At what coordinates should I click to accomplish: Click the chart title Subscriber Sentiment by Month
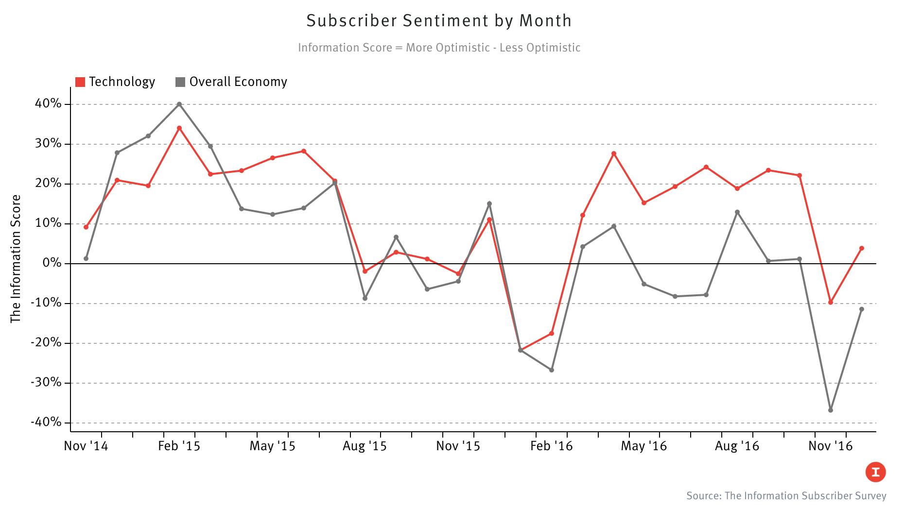point(439,20)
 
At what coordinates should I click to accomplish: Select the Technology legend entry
point(116,82)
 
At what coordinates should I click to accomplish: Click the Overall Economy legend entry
point(231,82)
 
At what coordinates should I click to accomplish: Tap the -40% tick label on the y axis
point(47,423)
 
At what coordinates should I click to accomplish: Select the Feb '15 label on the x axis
point(179,446)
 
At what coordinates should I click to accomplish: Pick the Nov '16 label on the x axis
point(830,446)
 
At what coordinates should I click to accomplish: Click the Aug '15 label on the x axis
point(365,446)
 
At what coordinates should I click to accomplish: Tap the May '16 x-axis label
point(643,446)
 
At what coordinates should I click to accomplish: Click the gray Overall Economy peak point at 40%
point(179,104)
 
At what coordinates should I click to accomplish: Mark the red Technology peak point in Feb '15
point(179,128)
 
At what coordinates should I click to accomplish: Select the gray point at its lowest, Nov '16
point(831,410)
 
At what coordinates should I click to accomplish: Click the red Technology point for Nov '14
point(86,227)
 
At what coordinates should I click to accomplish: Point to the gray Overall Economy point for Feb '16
point(552,370)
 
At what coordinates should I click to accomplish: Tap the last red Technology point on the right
point(862,248)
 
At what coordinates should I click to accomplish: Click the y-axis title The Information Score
point(16,258)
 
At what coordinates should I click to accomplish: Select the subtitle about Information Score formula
point(439,48)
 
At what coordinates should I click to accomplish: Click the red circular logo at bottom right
point(875,472)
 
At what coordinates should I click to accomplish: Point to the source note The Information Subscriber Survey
point(786,496)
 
